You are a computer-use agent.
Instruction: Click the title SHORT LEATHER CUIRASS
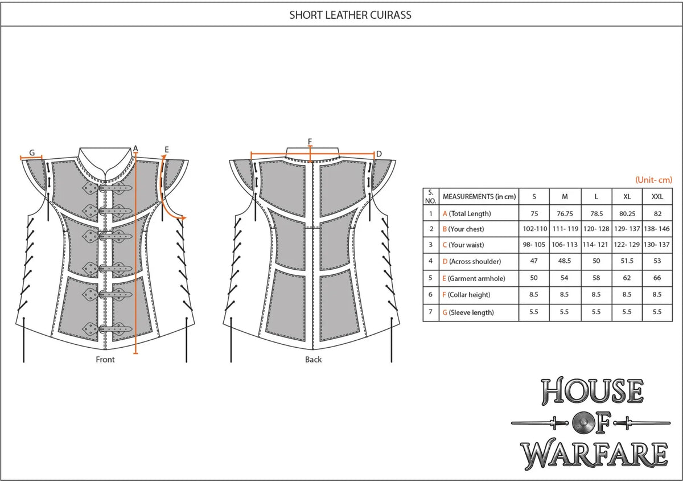350,15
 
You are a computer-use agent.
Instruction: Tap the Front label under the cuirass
105,360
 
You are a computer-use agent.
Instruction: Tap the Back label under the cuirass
313,360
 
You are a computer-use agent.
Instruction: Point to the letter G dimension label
32,153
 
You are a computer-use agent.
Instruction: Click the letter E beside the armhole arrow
166,150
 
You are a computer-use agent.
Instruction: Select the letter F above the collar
310,142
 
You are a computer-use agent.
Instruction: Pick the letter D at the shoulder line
379,154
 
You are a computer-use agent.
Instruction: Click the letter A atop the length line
135,149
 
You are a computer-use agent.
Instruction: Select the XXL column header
657,197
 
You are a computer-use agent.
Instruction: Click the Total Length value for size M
565,214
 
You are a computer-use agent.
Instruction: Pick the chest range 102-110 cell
535,229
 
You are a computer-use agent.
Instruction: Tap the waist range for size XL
627,245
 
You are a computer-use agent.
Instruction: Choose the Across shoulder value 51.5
627,261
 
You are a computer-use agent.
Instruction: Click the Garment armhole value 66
657,278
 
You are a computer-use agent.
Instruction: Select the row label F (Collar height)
467,295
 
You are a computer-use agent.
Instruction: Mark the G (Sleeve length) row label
468,312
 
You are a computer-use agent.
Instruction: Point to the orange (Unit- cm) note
653,180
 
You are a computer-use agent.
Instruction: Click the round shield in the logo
582,423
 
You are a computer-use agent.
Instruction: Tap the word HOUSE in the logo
593,391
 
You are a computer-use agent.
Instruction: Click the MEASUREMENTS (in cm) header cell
479,197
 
